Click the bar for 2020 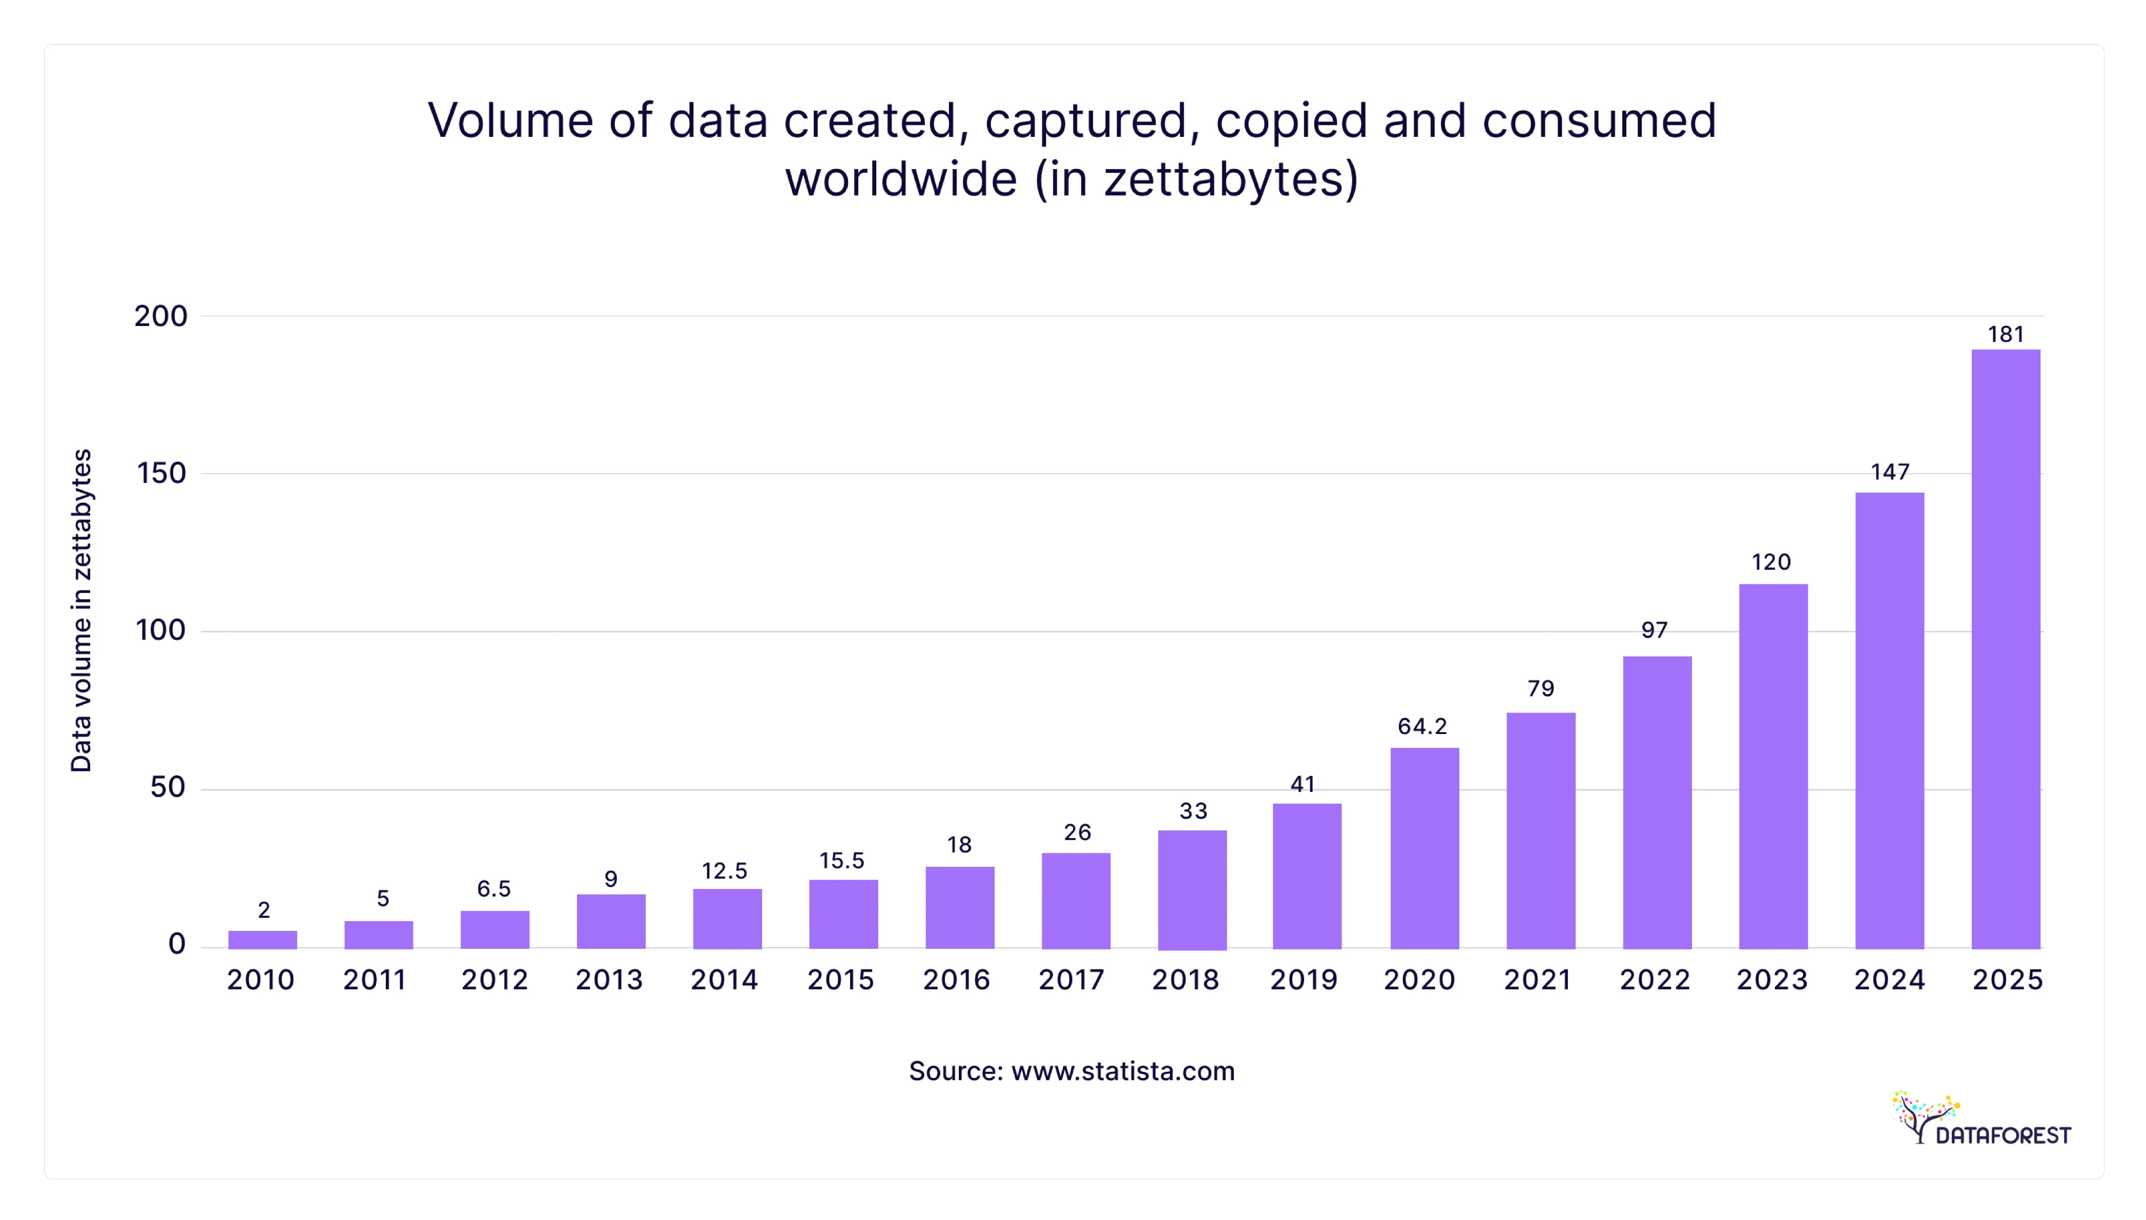(1424, 848)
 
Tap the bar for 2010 (262, 939)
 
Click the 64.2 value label (1422, 726)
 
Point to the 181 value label (2005, 334)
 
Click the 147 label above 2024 (1890, 472)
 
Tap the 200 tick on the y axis (161, 316)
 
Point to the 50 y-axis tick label (168, 788)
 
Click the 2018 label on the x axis (1185, 980)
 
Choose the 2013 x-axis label (609, 980)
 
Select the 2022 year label (1654, 980)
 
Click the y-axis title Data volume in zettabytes (81, 610)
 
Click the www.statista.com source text (1122, 1071)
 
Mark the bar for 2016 (960, 907)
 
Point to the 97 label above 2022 (1654, 630)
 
